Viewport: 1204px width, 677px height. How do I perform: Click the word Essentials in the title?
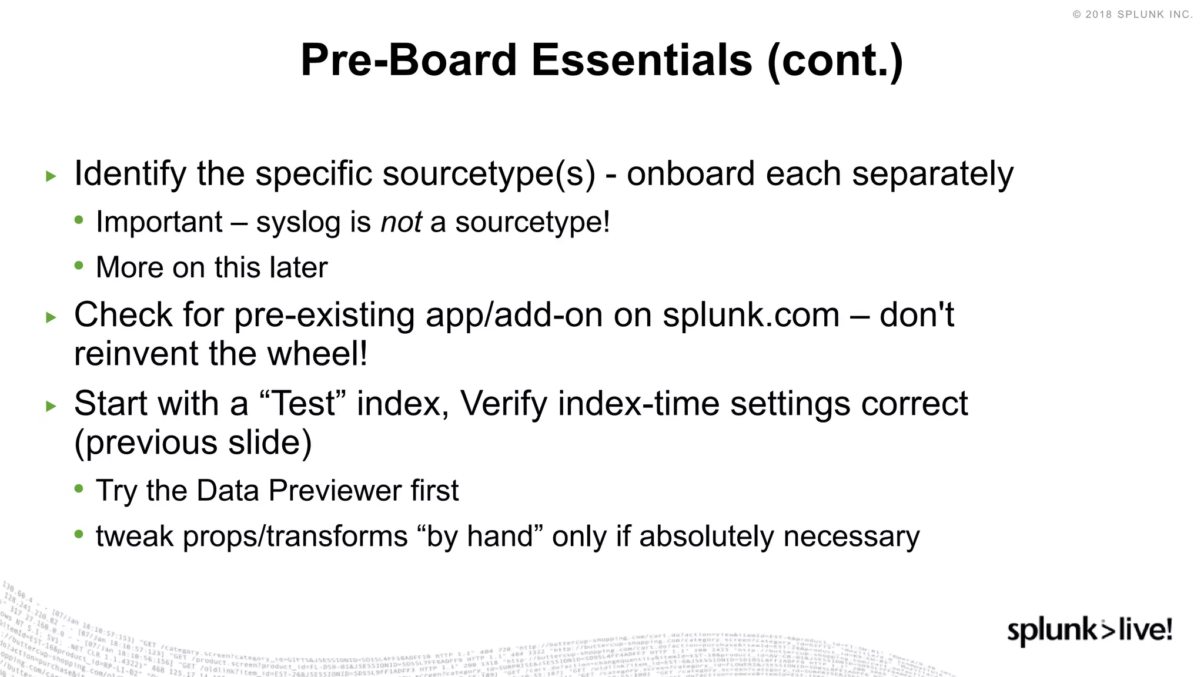point(641,60)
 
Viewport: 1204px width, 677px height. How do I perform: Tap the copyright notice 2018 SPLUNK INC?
point(1132,15)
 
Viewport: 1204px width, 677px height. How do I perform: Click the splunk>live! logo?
point(1089,631)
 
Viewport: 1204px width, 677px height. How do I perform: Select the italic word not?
point(401,222)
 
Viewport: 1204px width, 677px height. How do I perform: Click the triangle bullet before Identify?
point(51,176)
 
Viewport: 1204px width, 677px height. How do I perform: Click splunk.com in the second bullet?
point(751,315)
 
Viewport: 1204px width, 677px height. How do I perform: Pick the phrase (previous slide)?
point(193,443)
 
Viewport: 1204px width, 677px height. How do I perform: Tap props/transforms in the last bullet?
point(295,537)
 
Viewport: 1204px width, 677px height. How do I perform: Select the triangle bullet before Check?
point(51,318)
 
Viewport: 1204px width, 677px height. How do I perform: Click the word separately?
point(932,175)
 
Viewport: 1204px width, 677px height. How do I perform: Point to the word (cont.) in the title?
point(835,61)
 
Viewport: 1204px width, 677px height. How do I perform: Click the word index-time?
point(638,404)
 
